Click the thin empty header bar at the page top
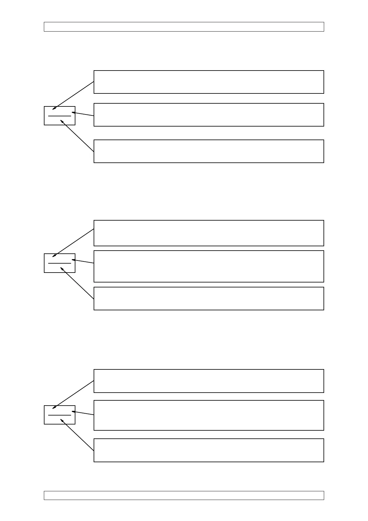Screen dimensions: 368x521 click(x=184, y=27)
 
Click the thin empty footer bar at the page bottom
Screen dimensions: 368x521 click(x=184, y=495)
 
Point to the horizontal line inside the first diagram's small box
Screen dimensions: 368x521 click(x=60, y=116)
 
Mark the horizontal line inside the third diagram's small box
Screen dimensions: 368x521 click(x=60, y=415)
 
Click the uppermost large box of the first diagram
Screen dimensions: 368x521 click(x=209, y=82)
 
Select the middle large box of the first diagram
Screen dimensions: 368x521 click(x=209, y=115)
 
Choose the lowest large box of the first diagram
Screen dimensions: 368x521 click(x=209, y=151)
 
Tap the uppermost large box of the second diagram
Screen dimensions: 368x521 click(x=209, y=233)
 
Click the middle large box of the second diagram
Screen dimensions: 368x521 click(x=209, y=266)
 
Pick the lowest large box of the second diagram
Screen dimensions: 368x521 click(x=209, y=299)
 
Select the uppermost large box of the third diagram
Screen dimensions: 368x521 click(x=209, y=381)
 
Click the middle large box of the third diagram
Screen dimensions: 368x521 click(x=209, y=415)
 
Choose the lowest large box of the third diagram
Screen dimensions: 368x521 click(x=209, y=450)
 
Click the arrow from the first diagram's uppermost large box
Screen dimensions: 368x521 click(x=74, y=95)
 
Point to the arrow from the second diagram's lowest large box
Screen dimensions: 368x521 click(x=77, y=283)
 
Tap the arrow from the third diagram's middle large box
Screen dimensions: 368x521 click(x=83, y=413)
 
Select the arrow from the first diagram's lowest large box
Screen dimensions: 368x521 click(x=77, y=136)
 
